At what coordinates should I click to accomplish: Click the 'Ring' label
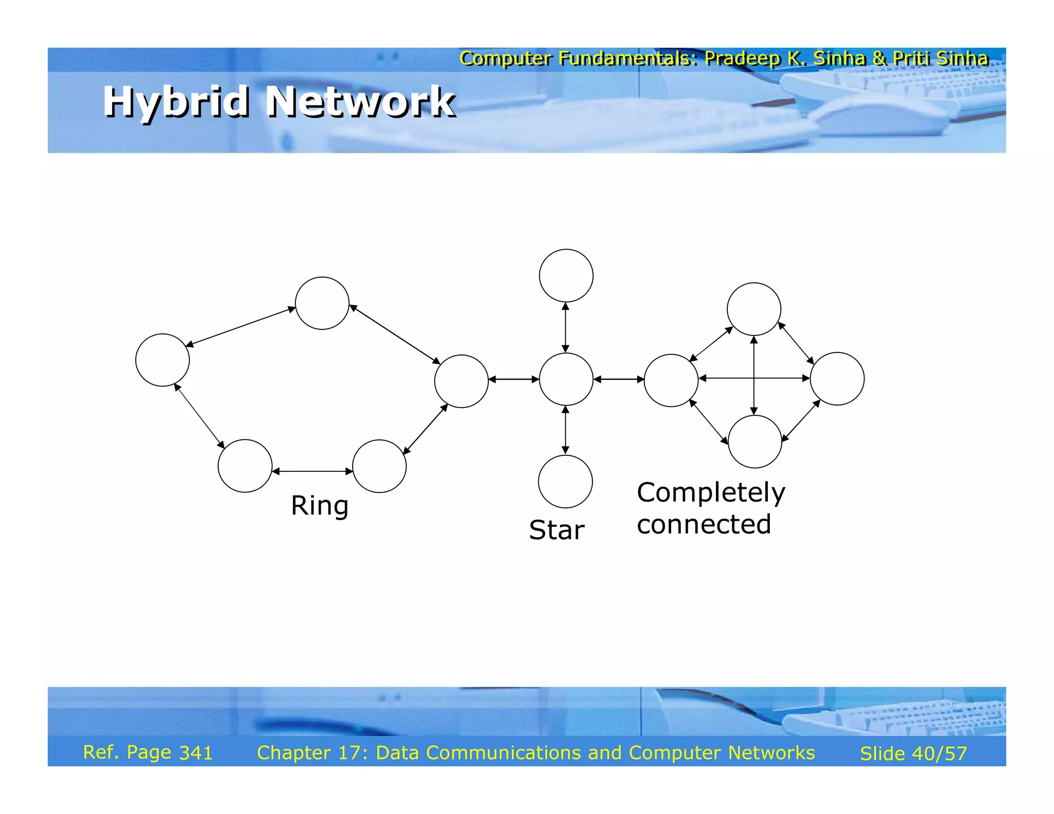[320, 505]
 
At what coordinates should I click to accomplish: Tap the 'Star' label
[556, 530]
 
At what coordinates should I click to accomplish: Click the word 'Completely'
[711, 493]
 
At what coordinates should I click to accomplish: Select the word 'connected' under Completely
[704, 524]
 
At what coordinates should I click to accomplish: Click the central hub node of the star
[566, 379]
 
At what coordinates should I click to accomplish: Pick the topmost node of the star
[566, 276]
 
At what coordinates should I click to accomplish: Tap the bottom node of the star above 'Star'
[565, 482]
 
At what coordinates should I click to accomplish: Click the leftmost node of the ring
[163, 360]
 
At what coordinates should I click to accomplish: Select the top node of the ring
[322, 304]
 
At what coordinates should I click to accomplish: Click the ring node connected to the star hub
[461, 381]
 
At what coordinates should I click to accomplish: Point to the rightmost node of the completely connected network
[837, 379]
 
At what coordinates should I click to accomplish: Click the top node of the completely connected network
[753, 309]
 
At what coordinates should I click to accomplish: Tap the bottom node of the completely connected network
[754, 441]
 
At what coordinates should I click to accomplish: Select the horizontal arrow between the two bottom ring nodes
[312, 471]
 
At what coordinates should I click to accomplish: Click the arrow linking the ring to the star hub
[514, 379]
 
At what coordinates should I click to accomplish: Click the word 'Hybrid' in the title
[176, 101]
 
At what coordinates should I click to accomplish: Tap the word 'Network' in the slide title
[360, 101]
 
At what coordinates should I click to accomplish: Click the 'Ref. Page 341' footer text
[148, 752]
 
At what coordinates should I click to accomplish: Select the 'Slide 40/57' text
[913, 753]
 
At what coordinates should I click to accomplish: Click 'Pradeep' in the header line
[742, 59]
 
